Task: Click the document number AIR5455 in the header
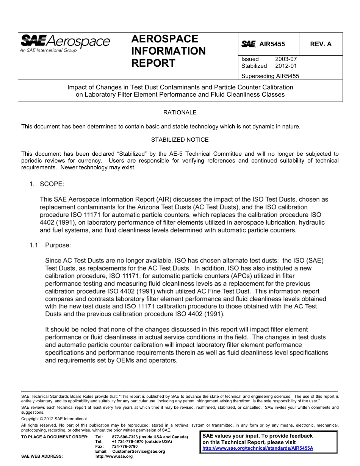click(272, 44)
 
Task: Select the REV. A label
click(321, 44)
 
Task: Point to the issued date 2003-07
click(286, 59)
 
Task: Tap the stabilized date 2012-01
click(286, 66)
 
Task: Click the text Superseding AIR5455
click(270, 76)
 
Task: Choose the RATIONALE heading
click(180, 113)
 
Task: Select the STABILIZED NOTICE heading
click(180, 140)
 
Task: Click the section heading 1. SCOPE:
click(47, 184)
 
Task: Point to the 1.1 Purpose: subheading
click(50, 245)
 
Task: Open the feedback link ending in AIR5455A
click(258, 448)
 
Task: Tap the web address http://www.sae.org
click(114, 457)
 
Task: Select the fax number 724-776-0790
click(125, 447)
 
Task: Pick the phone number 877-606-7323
click(125, 437)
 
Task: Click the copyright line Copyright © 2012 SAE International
click(54, 419)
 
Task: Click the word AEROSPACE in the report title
click(164, 39)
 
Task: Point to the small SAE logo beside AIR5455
click(248, 44)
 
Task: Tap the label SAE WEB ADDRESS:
click(42, 457)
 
